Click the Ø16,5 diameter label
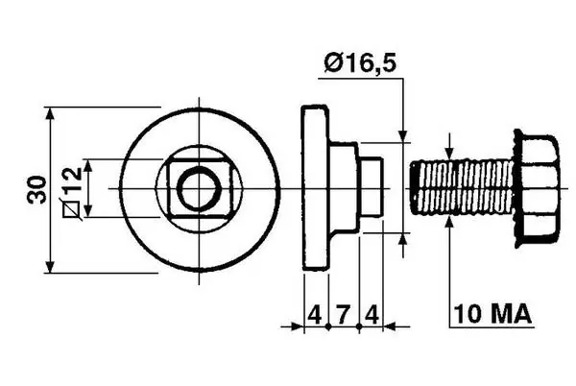pos(360,63)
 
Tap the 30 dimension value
pos(37,190)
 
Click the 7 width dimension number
pos(343,315)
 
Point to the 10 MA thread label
pos(492,314)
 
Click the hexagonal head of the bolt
pos(537,189)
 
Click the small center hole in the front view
pos(199,188)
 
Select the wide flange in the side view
pos(315,188)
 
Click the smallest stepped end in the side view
pos(372,186)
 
